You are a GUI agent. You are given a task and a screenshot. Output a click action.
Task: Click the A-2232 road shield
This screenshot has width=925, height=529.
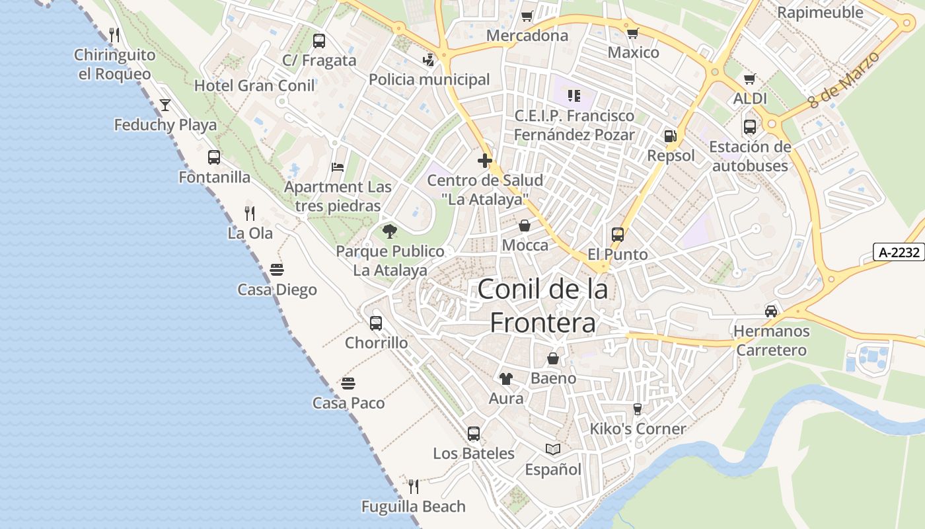tap(899, 252)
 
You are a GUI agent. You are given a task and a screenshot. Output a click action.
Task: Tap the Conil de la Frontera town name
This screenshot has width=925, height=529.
tap(542, 305)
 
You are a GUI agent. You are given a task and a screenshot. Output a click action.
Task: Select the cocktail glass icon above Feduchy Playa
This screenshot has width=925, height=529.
tap(165, 105)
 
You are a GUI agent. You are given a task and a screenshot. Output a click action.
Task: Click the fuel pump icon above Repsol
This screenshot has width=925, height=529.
tap(670, 136)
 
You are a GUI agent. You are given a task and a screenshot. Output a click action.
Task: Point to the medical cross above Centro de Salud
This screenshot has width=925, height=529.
tap(485, 161)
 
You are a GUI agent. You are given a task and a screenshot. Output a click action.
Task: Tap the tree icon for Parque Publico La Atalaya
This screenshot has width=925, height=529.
tap(390, 231)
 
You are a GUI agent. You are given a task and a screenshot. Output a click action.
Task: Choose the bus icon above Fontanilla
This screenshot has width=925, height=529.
tap(214, 157)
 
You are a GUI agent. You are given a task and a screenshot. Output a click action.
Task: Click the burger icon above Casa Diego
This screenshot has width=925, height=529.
tap(277, 270)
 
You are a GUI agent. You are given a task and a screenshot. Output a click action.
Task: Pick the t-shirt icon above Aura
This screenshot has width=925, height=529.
tap(505, 379)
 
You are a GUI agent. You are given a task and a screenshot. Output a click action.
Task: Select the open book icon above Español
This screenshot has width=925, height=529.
tap(553, 450)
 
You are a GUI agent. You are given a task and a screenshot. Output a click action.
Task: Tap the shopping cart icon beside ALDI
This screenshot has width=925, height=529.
tap(749, 79)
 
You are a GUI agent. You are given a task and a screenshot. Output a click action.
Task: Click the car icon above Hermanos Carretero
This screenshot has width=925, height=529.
tap(770, 311)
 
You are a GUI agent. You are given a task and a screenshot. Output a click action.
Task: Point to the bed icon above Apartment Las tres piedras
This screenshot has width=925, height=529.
tap(338, 167)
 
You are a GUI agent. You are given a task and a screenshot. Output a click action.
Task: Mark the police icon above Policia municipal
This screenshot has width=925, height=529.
tap(429, 60)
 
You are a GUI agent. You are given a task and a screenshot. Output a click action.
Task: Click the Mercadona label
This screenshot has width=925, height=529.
tap(527, 36)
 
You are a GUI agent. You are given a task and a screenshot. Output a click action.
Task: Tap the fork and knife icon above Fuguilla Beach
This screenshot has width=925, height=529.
tap(414, 487)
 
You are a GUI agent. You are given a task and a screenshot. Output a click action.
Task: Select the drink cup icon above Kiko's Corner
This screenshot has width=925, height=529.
tap(637, 409)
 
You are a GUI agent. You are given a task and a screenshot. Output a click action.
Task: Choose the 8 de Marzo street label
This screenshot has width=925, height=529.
tap(844, 80)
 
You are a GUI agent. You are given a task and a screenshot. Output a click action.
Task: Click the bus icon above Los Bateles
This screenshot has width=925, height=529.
tap(474, 434)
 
